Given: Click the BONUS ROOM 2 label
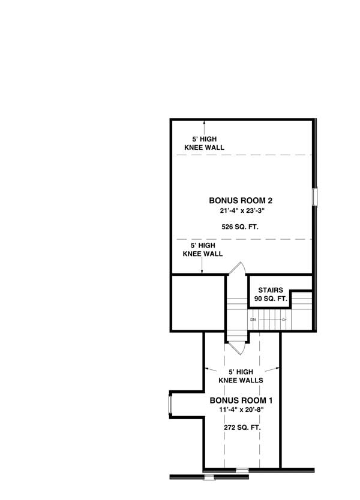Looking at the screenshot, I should [x=236, y=201].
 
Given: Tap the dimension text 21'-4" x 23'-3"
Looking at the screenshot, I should [x=236, y=211].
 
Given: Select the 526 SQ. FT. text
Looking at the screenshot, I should [x=236, y=226].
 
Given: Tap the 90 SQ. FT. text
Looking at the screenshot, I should [x=272, y=298].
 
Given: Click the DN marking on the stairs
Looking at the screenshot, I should [x=253, y=320].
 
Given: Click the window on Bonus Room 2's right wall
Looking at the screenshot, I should [x=314, y=197].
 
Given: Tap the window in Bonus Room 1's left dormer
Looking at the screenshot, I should [x=170, y=404].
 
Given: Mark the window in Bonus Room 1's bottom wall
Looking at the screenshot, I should [x=242, y=469].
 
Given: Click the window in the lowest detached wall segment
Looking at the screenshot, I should [x=209, y=477].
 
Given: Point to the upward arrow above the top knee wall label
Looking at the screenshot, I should [x=204, y=126].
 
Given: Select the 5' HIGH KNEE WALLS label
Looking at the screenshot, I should [x=242, y=376].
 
